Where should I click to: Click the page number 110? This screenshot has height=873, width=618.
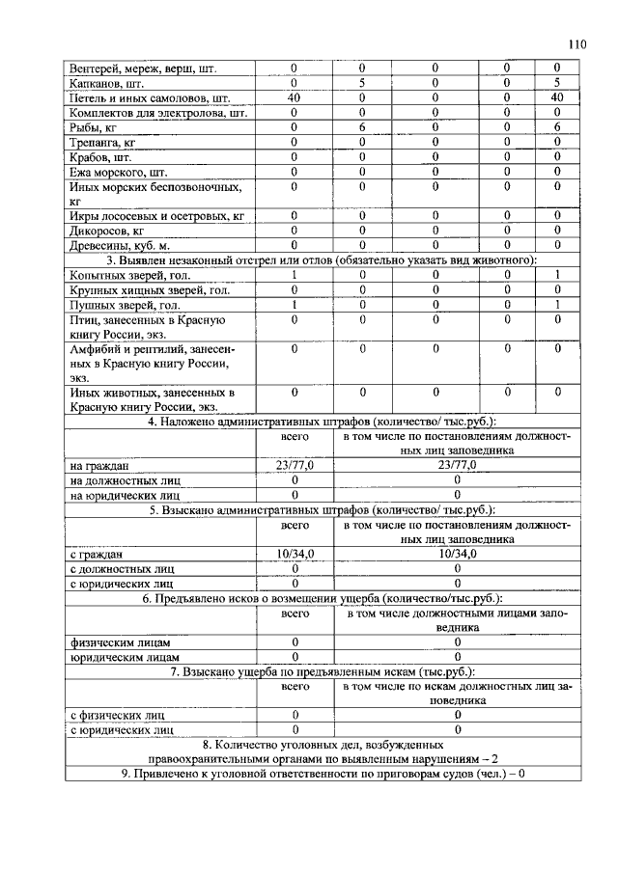point(577,43)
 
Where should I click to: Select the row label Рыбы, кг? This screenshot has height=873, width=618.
point(93,127)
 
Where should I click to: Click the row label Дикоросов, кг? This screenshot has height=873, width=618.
point(106,232)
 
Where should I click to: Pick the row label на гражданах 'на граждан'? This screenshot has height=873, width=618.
point(100,465)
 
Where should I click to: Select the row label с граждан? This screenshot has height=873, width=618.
point(97,555)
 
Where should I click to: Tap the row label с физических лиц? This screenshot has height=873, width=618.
point(118,716)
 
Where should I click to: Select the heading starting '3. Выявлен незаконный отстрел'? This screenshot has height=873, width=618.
point(321,261)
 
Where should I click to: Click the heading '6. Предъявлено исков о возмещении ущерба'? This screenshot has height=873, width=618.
point(322,599)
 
